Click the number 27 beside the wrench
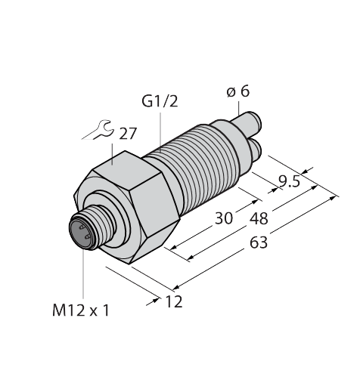click(128, 134)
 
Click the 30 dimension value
click(223, 219)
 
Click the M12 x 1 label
click(80, 309)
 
